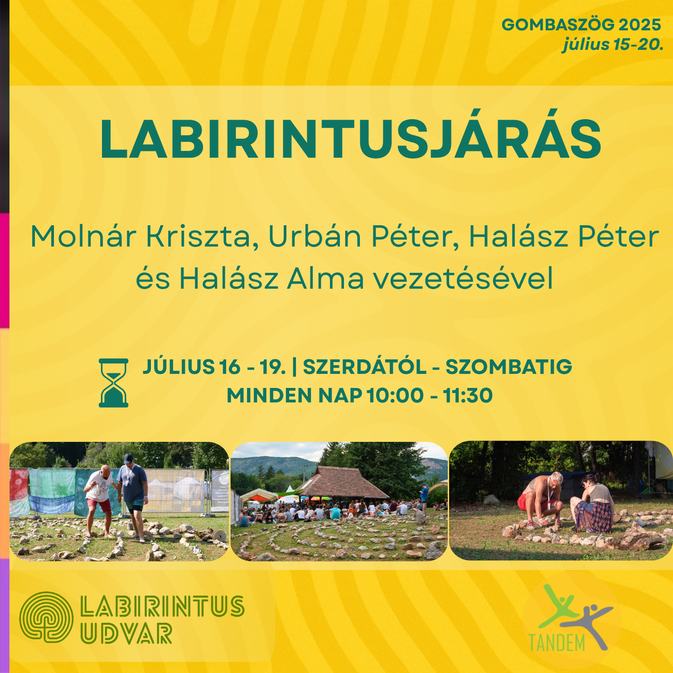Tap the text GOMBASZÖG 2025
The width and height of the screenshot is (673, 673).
581,24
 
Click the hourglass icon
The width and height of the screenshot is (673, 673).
113,383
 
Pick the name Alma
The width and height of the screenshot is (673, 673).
325,278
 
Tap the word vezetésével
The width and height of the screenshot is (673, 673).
463,278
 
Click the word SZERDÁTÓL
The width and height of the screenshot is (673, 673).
365,366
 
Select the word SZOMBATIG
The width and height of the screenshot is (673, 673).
508,367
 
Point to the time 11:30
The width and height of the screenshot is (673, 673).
468,395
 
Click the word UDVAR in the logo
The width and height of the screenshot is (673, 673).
126,634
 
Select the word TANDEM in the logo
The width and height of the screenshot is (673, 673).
557,642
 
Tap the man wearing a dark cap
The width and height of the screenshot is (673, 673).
133,497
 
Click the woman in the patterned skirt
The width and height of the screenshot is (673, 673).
592,504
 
